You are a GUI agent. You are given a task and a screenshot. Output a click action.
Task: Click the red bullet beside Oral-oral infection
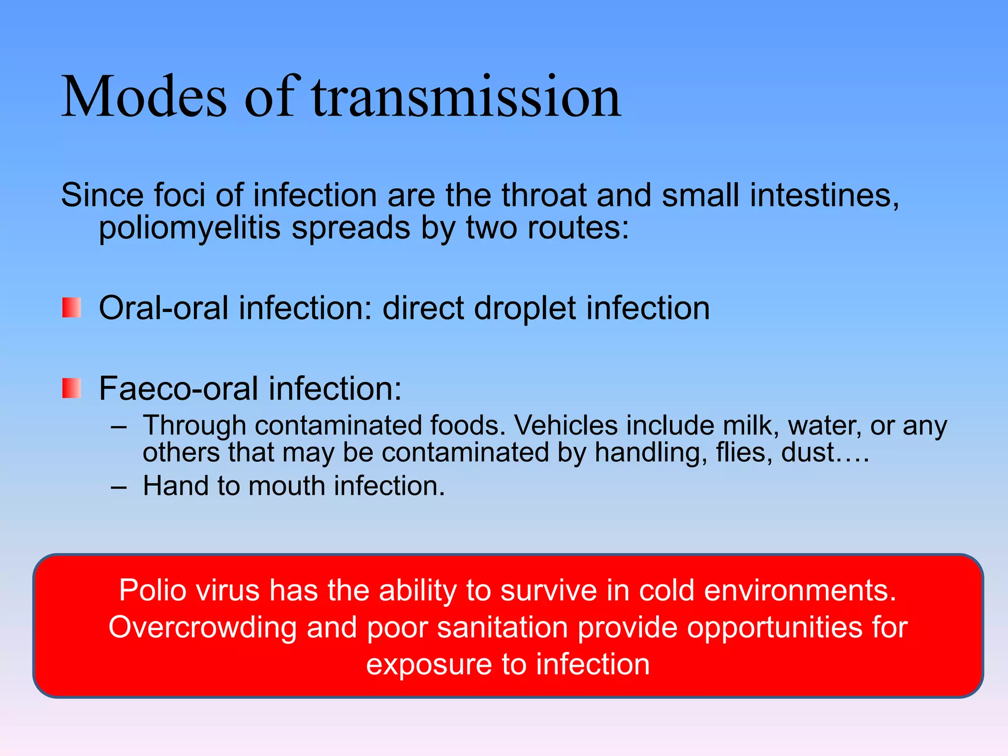[x=71, y=308]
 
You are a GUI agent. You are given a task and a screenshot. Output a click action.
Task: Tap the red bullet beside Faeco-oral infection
[x=71, y=388]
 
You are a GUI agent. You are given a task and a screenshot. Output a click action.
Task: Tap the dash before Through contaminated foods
[x=119, y=427]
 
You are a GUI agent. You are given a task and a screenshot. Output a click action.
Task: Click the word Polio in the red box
[x=153, y=590]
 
